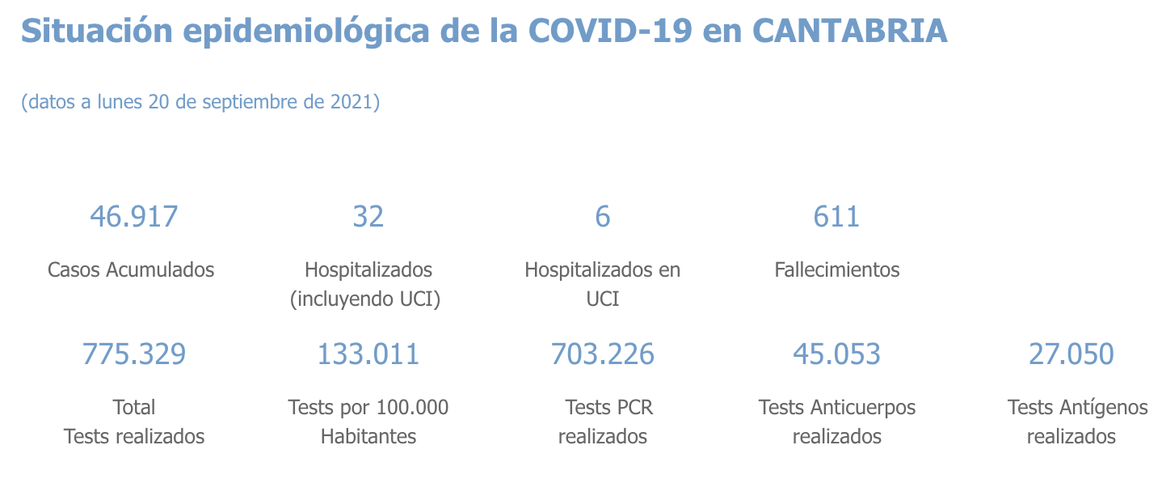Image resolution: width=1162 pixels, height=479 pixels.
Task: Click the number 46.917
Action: (x=134, y=217)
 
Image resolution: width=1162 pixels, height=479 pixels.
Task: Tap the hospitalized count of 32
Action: (x=368, y=217)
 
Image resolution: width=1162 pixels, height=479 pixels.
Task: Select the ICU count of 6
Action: (x=603, y=217)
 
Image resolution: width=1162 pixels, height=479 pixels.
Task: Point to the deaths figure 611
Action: (x=836, y=217)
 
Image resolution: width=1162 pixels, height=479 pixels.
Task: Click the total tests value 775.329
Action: (x=134, y=354)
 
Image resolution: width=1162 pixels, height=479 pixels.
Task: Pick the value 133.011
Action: (x=368, y=354)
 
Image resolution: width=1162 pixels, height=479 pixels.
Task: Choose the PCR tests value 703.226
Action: (x=603, y=354)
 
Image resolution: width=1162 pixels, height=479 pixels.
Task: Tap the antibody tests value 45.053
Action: (x=836, y=354)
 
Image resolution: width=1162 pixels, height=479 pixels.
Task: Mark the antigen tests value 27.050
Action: (x=1071, y=354)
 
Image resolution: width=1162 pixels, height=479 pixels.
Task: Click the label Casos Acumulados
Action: (x=131, y=269)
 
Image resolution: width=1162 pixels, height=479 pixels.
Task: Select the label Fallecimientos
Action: (x=836, y=269)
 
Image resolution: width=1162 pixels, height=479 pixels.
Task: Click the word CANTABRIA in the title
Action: (x=849, y=31)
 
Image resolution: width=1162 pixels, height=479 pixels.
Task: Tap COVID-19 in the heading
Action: (x=611, y=31)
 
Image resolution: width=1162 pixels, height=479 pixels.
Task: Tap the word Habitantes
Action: (x=368, y=437)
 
